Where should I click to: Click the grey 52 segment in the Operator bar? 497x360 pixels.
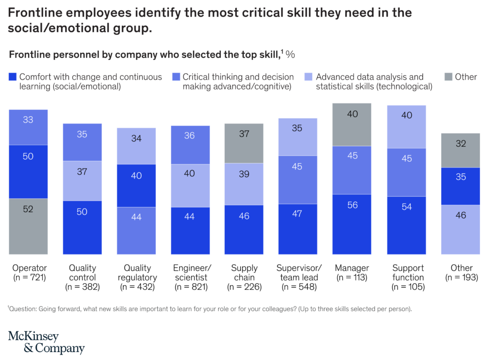(28, 226)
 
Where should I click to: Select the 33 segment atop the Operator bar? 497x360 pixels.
(28, 127)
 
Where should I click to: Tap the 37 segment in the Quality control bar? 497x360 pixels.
(82, 180)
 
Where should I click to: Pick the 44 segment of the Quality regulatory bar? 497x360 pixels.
(136, 230)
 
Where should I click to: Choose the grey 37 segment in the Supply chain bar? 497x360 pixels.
(244, 143)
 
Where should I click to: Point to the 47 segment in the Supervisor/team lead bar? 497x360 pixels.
(298, 229)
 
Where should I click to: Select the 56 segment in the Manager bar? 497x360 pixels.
(352, 224)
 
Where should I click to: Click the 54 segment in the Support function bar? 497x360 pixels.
(406, 225)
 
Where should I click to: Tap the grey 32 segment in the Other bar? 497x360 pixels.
(461, 151)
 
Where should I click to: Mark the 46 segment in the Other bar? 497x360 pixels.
(461, 229)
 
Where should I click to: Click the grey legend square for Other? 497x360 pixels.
(448, 77)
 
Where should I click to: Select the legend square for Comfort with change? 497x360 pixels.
(13, 77)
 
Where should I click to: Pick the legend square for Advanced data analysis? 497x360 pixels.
(308, 77)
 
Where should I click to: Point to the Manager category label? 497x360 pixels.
(352, 268)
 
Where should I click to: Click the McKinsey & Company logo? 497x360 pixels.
(46, 342)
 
